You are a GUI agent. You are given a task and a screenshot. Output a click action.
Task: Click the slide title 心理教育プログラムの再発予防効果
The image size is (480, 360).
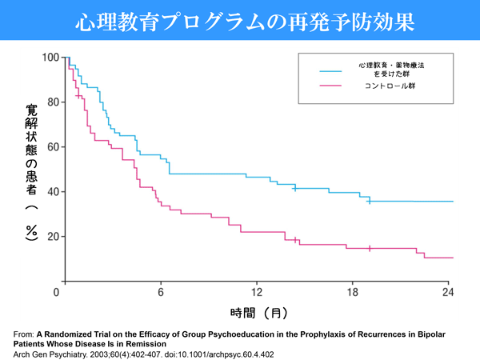pyautogui.click(x=240, y=22)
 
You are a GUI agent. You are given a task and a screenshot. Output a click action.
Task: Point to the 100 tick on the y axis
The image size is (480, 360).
pyautogui.click(x=51, y=58)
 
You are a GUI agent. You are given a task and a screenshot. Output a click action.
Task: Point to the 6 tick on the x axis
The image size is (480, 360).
pyautogui.click(x=161, y=293)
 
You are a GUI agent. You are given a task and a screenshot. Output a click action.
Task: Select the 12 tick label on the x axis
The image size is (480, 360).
pyautogui.click(x=257, y=293)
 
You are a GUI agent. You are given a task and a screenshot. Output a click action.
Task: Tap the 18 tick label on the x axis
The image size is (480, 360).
pyautogui.click(x=353, y=293)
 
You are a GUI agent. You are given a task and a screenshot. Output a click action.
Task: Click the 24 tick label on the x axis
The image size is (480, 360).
pyautogui.click(x=449, y=293)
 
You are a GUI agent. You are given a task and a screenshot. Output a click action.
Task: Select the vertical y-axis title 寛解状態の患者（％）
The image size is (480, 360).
pyautogui.click(x=31, y=171)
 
